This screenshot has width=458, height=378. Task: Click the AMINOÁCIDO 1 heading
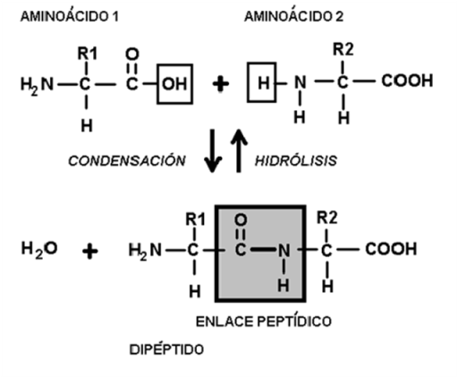pyautogui.click(x=70, y=15)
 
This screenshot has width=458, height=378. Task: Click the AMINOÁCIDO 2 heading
pyautogui.click(x=293, y=15)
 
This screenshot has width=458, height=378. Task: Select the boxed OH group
pyautogui.click(x=174, y=84)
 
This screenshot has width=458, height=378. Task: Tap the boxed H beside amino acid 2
pyautogui.click(x=262, y=82)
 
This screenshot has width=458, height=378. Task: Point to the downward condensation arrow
pyautogui.click(x=213, y=150)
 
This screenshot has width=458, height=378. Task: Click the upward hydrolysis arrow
pyautogui.click(x=239, y=150)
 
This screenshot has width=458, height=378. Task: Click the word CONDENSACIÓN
pyautogui.click(x=127, y=160)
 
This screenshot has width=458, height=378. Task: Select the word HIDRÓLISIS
pyautogui.click(x=296, y=160)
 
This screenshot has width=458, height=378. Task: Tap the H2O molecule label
pyautogui.click(x=39, y=249)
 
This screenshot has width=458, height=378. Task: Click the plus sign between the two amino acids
pyautogui.click(x=221, y=84)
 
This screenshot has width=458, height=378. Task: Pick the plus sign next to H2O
pyautogui.click(x=90, y=251)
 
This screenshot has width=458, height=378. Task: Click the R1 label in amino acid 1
pyautogui.click(x=87, y=54)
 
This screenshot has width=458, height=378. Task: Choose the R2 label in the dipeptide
pyautogui.click(x=327, y=218)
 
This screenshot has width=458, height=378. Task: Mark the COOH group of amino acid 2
pyautogui.click(x=407, y=81)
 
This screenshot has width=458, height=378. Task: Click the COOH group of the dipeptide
pyautogui.click(x=391, y=249)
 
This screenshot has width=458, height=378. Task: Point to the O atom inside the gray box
pyautogui.click(x=241, y=220)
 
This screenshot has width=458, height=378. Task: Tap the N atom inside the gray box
pyautogui.click(x=284, y=250)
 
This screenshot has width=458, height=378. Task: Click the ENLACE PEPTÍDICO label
pyautogui.click(x=264, y=322)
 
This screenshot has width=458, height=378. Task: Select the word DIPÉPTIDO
pyautogui.click(x=166, y=348)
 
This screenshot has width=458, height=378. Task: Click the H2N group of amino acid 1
pyautogui.click(x=37, y=85)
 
